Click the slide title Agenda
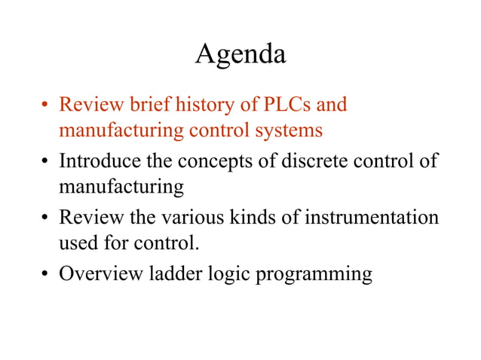click(x=240, y=54)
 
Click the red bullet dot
click(x=45, y=105)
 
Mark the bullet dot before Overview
click(x=45, y=274)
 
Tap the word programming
click(x=315, y=275)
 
